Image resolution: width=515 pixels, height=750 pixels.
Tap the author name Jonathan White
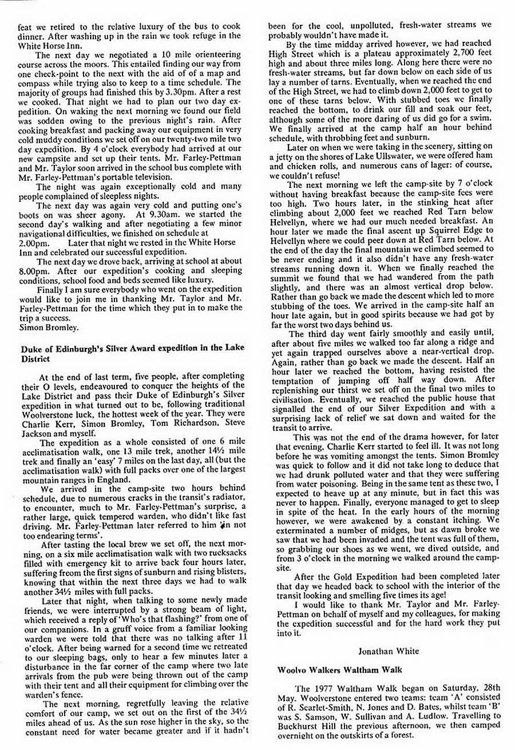tap(381, 650)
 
